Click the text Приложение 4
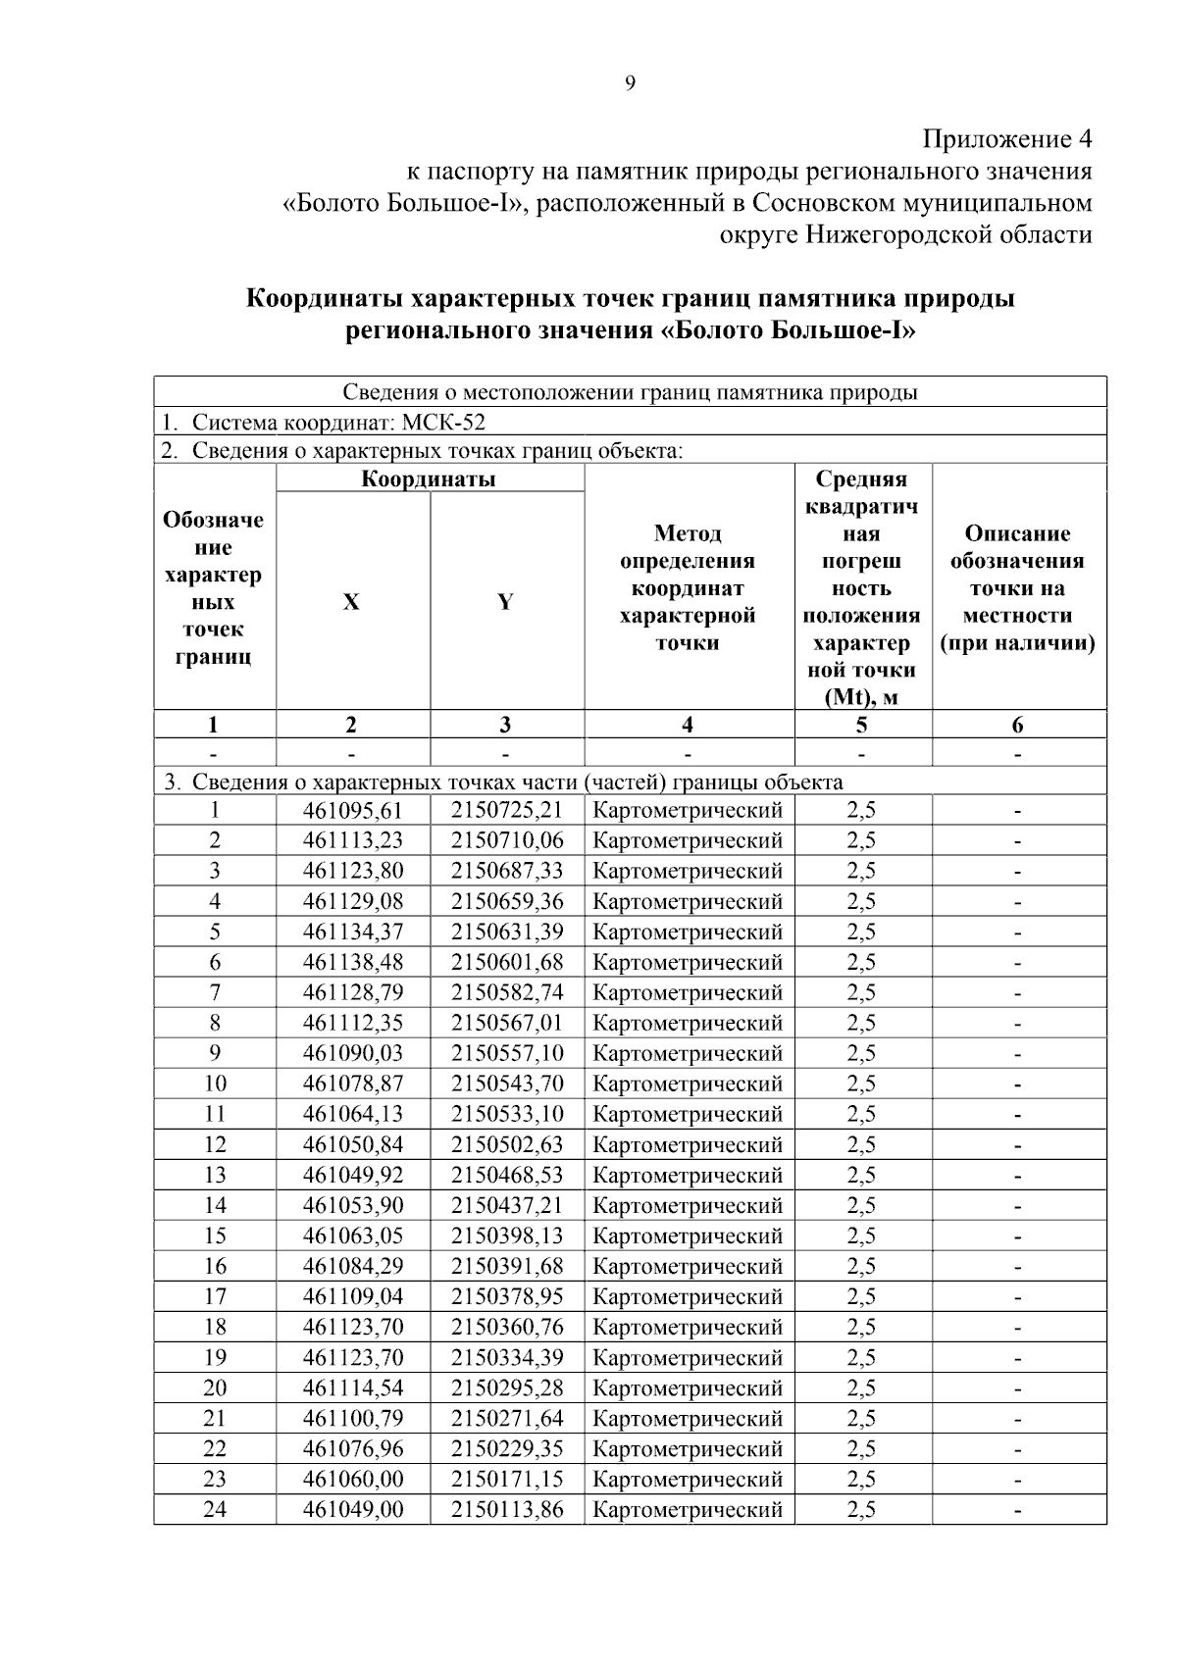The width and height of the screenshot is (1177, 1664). (x=1007, y=138)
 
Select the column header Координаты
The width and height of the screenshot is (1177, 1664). (x=429, y=479)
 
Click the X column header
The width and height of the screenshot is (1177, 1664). (x=351, y=602)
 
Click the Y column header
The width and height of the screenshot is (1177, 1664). (x=505, y=602)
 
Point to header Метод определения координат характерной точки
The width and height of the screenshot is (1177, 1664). (x=688, y=587)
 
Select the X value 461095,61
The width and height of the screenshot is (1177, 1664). (x=352, y=810)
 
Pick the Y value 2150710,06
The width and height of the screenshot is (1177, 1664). (x=507, y=840)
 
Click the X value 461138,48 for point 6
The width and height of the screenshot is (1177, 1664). (x=352, y=962)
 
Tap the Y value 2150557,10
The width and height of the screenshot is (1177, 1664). (x=507, y=1053)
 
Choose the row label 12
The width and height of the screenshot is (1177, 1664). (x=214, y=1144)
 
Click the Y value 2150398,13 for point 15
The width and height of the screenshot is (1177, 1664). (x=507, y=1235)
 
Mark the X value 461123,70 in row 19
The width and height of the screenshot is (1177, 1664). (x=352, y=1357)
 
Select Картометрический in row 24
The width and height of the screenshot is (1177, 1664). (x=688, y=1509)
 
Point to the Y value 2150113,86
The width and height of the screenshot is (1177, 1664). (x=507, y=1509)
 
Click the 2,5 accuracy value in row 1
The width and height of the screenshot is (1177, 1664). (x=861, y=810)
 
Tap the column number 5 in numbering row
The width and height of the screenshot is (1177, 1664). (x=861, y=725)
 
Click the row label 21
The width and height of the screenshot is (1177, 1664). (x=214, y=1418)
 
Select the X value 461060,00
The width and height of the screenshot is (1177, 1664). (x=352, y=1479)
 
